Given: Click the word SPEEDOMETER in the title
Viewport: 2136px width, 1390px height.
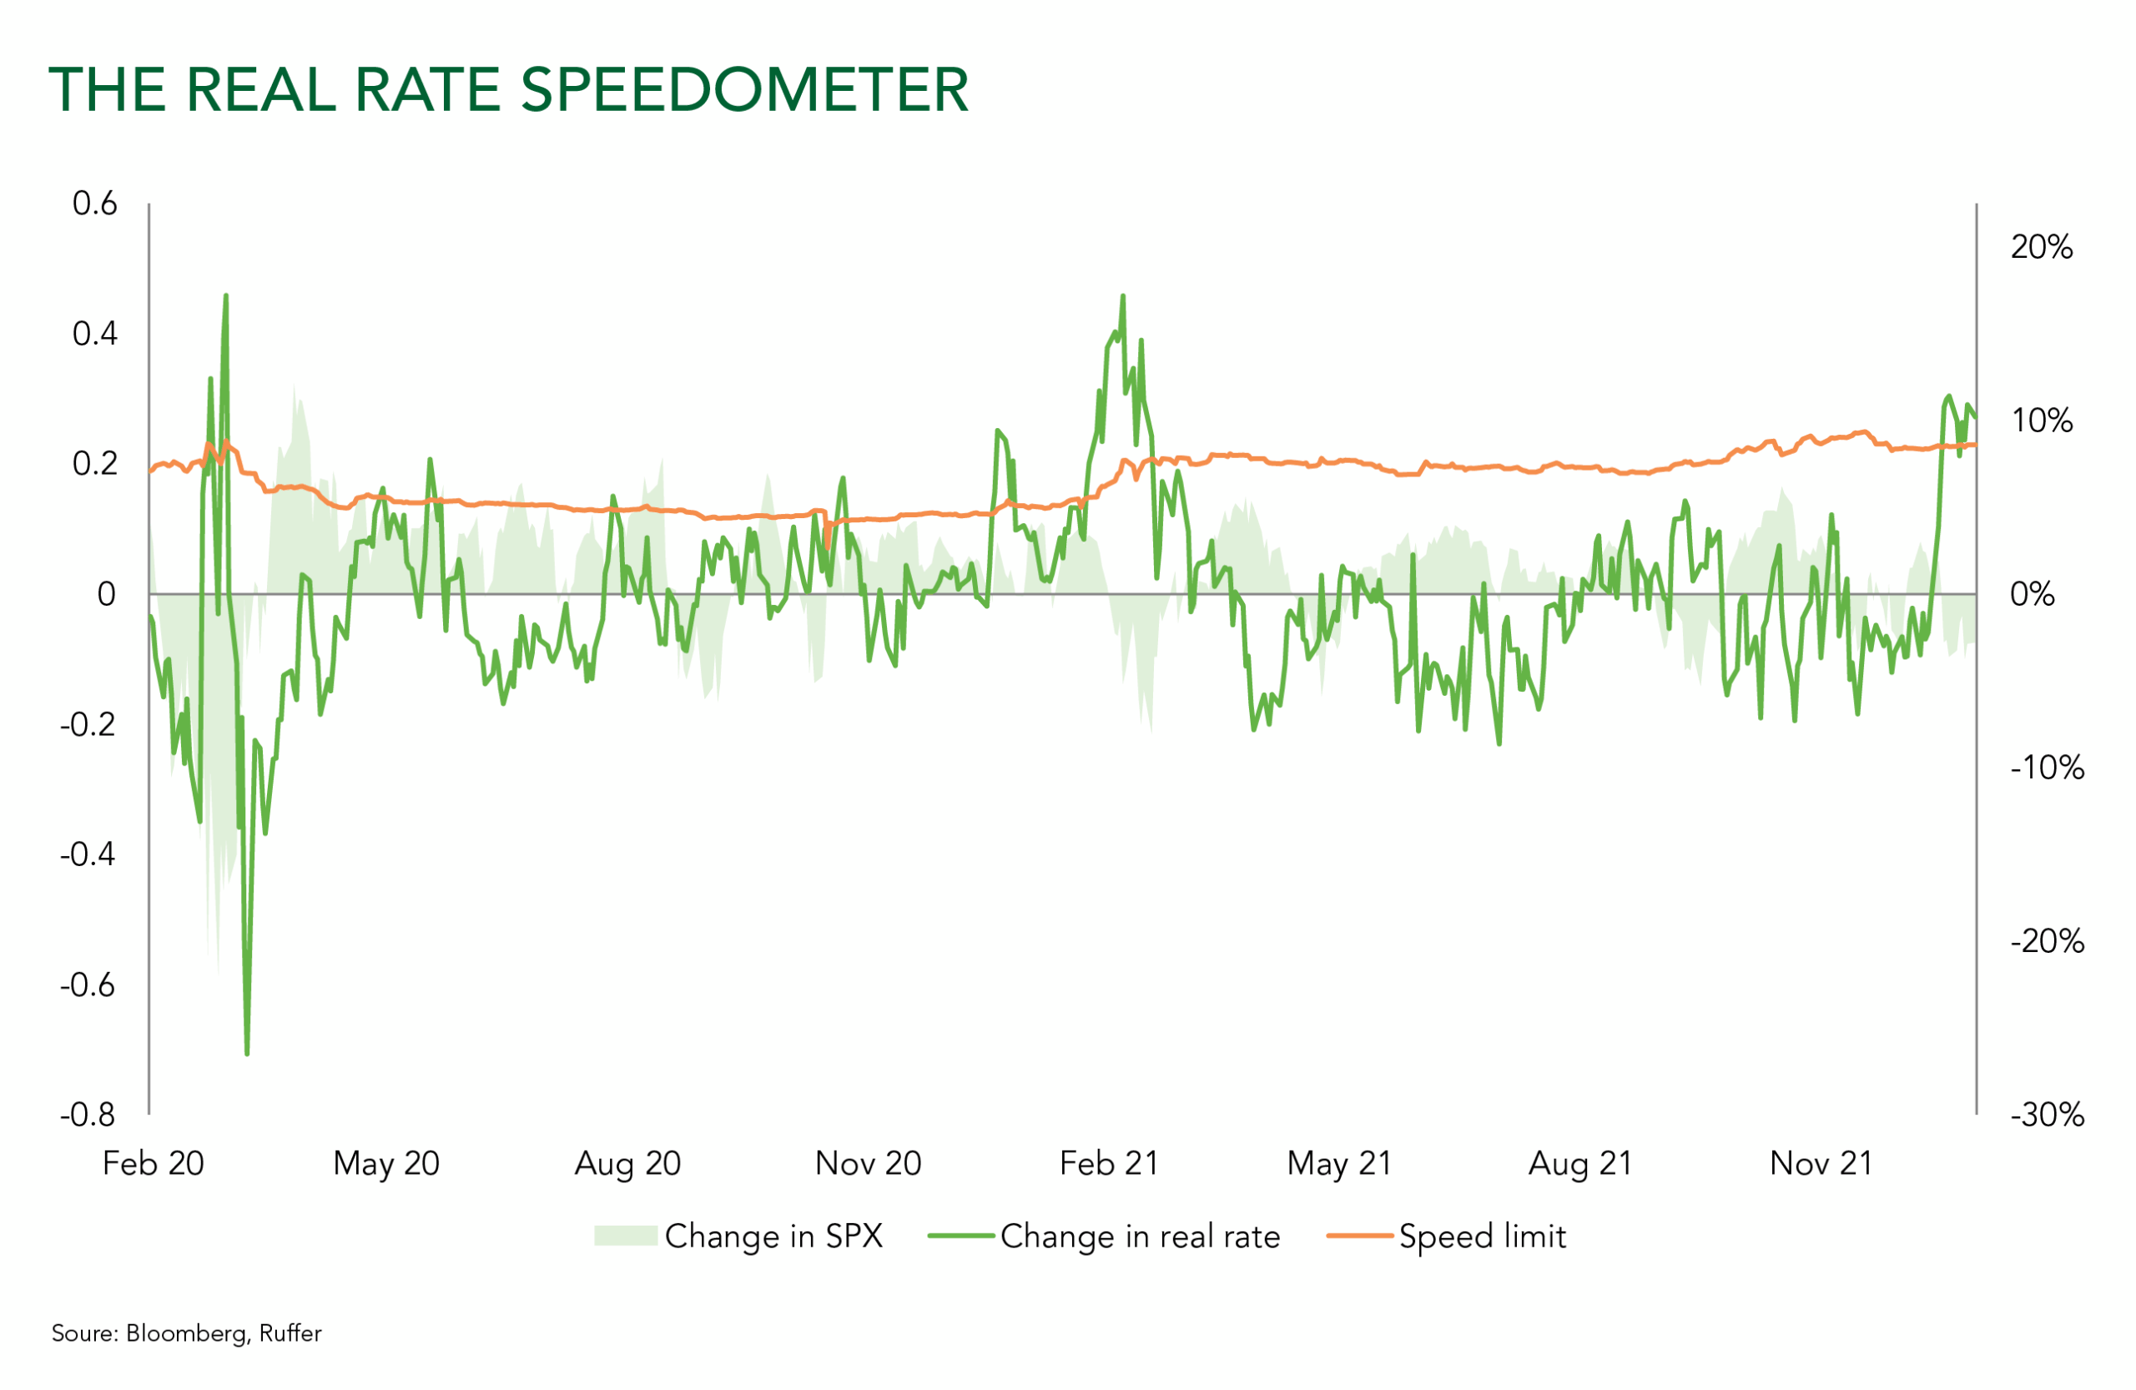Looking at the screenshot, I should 744,90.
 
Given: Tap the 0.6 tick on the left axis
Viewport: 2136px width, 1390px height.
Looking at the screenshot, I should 95,204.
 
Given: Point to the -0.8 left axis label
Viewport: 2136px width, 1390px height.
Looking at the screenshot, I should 88,1115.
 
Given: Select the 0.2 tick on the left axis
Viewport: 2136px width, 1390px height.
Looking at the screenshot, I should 95,464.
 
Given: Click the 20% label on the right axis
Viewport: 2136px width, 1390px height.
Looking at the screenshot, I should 2042,247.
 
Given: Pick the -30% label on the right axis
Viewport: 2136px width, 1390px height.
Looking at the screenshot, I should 2048,1116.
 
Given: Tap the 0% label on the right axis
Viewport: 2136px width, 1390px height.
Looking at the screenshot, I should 2032,594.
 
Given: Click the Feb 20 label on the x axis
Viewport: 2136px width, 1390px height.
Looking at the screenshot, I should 154,1164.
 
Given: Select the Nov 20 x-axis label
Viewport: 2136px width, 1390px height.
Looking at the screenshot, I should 868,1164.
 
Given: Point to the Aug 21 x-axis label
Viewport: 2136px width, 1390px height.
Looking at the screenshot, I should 1580,1164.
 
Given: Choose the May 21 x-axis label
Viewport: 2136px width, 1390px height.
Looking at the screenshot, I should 1339,1164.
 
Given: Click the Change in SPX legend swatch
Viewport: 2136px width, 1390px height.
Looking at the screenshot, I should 626,1236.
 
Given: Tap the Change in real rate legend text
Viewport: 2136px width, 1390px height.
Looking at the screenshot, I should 1140,1236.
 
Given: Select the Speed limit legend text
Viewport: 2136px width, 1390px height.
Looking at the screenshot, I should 1483,1236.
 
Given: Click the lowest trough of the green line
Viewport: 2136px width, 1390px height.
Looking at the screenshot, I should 247,1054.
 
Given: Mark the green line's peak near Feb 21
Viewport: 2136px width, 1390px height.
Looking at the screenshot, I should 1123,296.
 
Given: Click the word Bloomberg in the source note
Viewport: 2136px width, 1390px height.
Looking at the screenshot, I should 186,1333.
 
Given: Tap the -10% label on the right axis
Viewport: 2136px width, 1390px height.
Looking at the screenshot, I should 2048,768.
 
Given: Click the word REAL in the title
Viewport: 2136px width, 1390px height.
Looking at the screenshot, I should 261,90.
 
